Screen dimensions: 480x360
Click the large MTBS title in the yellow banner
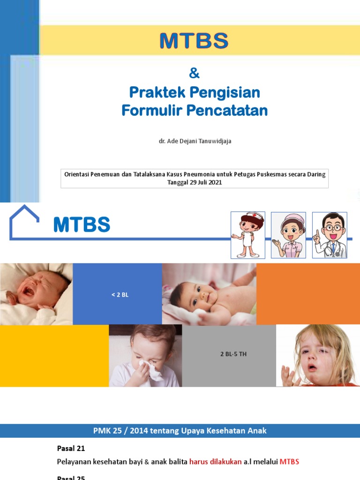(x=194, y=41)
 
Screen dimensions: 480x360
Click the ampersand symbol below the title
(x=194, y=74)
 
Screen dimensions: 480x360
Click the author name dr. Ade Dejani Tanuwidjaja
(x=195, y=141)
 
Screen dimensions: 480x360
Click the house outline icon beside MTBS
(x=25, y=222)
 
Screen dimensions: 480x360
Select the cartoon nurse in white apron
(x=247, y=234)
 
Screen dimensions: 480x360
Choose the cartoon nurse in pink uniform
(x=288, y=234)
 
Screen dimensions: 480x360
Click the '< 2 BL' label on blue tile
(x=120, y=295)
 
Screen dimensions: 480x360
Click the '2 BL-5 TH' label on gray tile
(x=233, y=354)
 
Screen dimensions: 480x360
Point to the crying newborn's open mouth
(x=28, y=291)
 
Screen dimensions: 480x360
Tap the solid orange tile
(x=308, y=294)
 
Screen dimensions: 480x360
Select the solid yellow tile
(x=54, y=356)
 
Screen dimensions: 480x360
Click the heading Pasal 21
(x=71, y=449)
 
